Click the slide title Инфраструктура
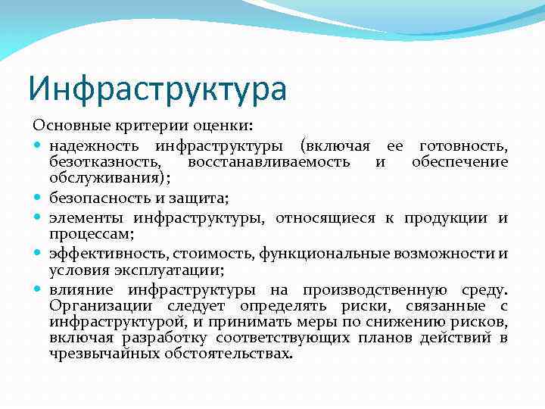pos(157,88)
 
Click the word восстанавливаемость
pos(269,161)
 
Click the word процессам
pos(91,235)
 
